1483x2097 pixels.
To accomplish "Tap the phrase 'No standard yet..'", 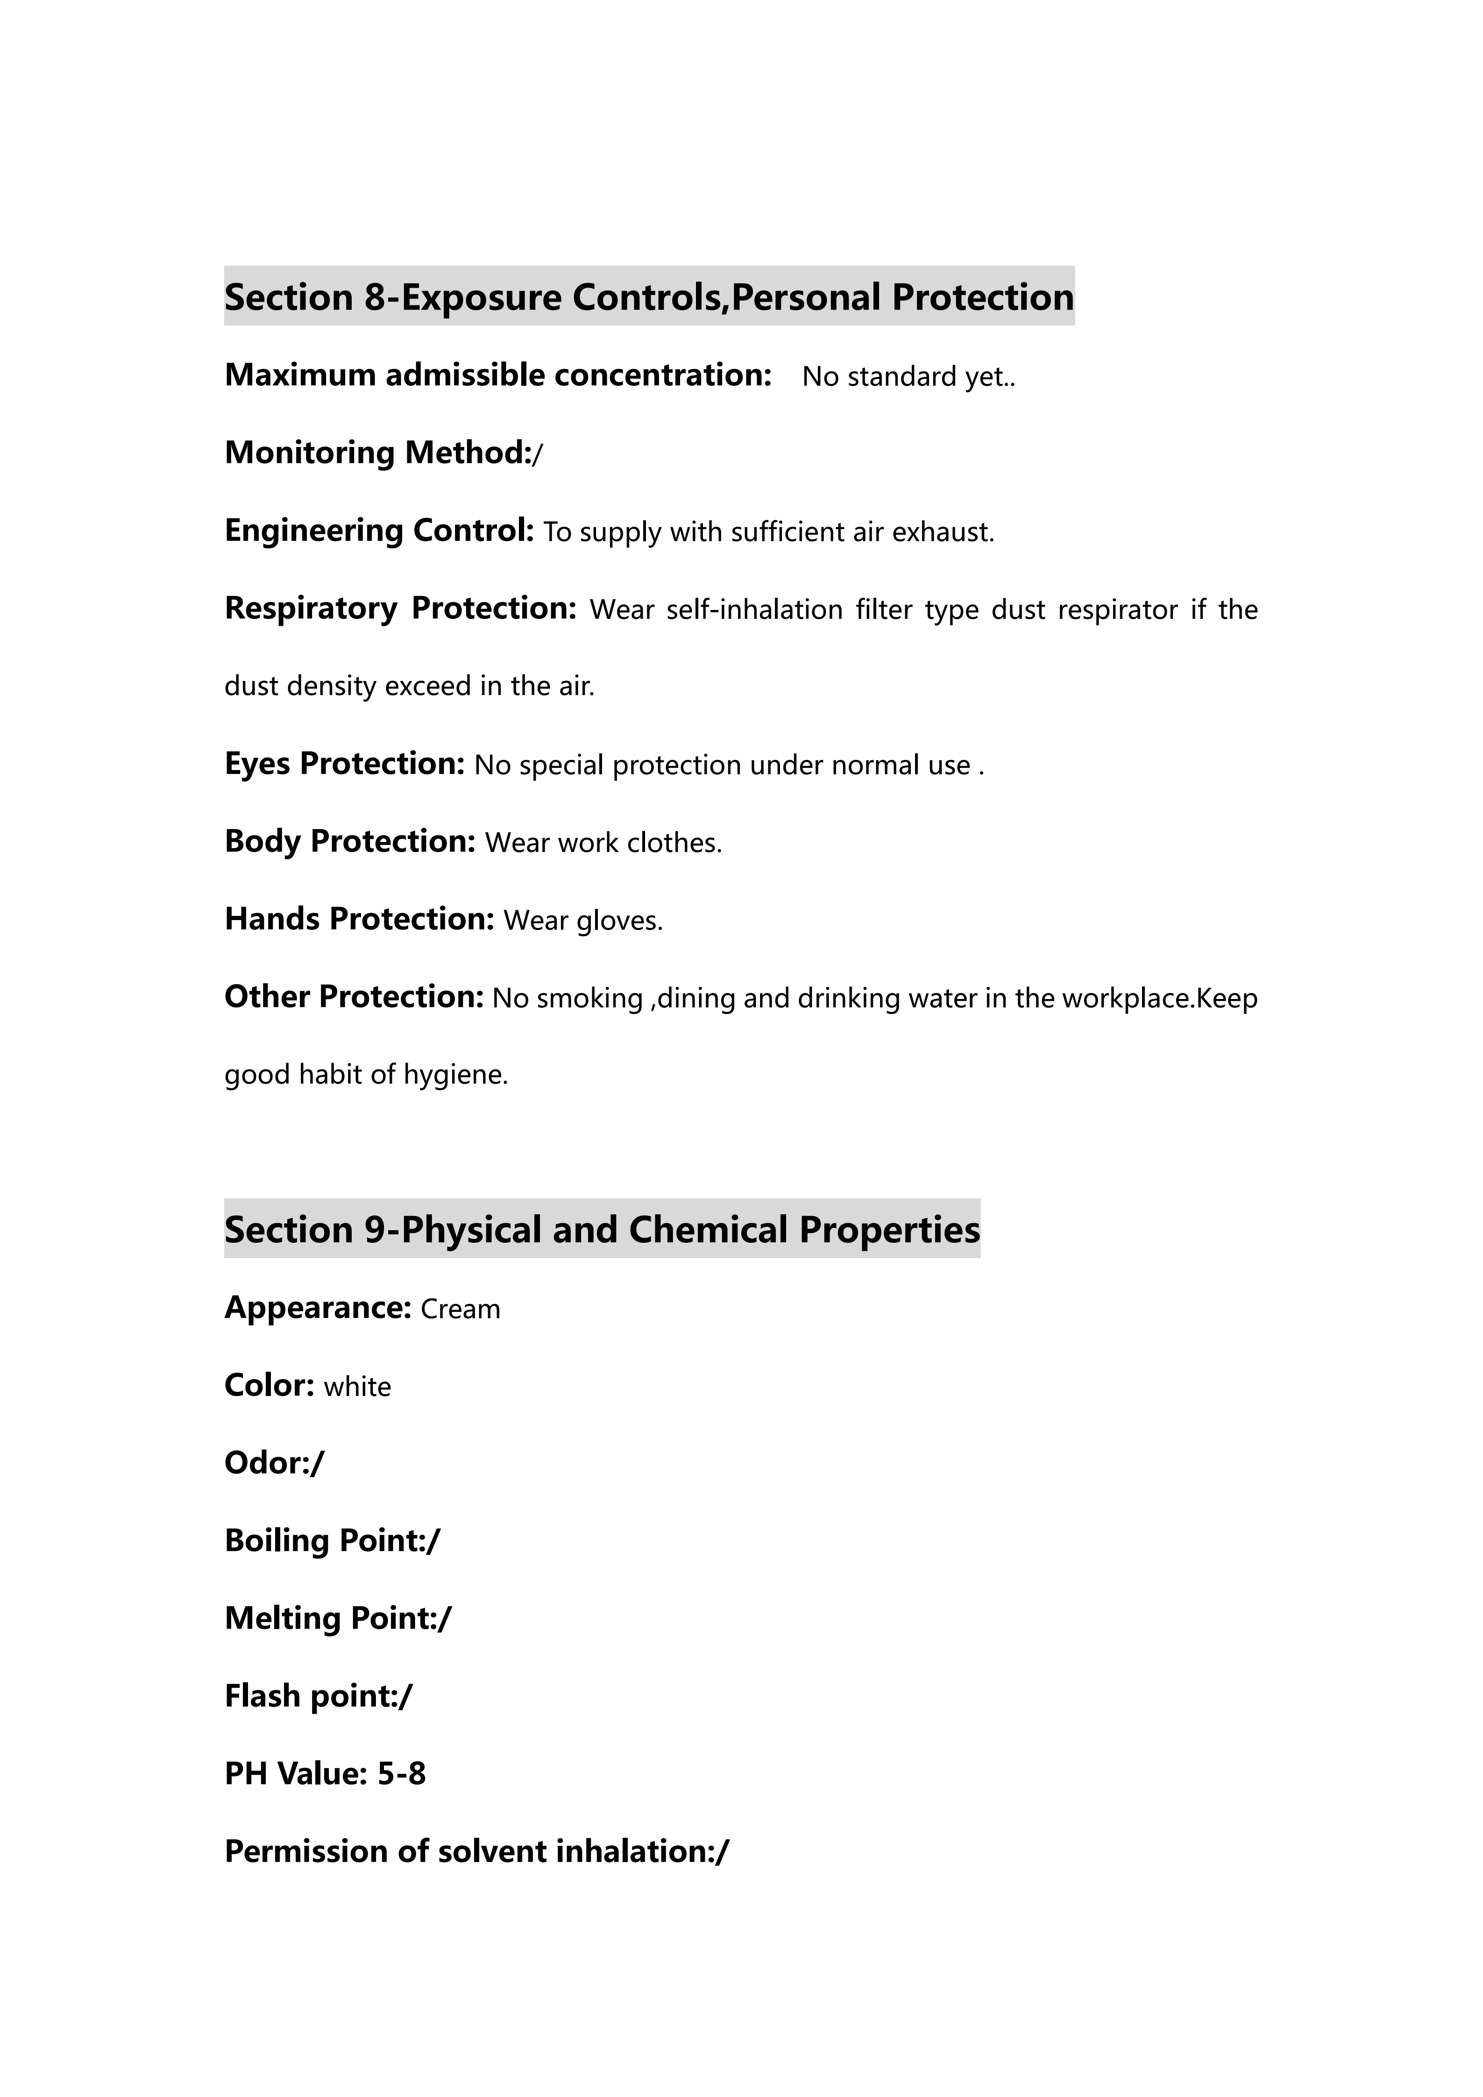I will pyautogui.click(x=908, y=376).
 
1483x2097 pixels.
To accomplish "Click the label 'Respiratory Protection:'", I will pyautogui.click(x=400, y=608).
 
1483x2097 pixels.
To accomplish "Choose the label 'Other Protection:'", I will pyautogui.click(x=354, y=997).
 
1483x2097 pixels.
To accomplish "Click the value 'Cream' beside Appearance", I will pyautogui.click(x=460, y=1309).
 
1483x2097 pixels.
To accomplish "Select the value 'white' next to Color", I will pyautogui.click(x=357, y=1387).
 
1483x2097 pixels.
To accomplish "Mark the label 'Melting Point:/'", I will pyautogui.click(x=338, y=1618).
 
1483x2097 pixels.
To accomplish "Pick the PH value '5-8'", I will pyautogui.click(x=402, y=1774).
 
